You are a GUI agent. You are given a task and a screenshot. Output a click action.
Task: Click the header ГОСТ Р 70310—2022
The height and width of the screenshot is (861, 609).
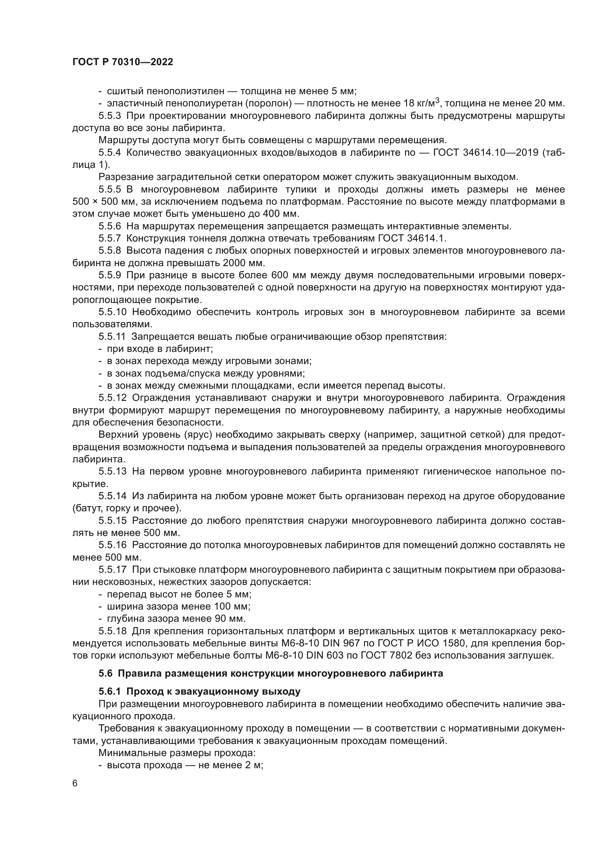coord(123,62)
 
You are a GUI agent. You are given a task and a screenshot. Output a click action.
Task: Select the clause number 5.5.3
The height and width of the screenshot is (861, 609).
coord(110,116)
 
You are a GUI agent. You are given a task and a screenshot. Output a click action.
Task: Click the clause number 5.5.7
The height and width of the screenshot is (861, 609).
coord(110,239)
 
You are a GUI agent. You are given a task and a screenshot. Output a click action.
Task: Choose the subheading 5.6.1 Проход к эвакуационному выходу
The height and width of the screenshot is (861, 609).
coord(200,691)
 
